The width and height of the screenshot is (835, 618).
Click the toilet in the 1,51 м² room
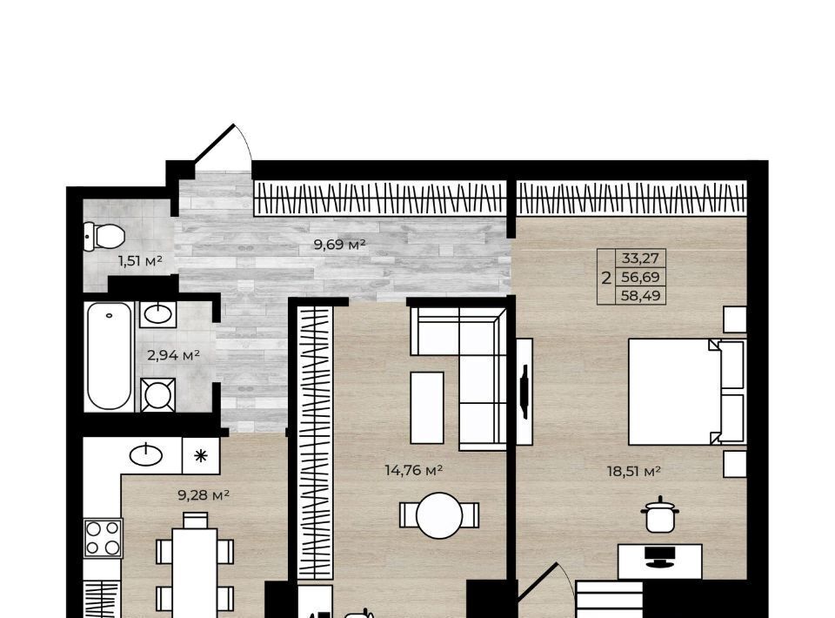pyautogui.click(x=104, y=236)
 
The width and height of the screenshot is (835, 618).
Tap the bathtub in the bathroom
pyautogui.click(x=110, y=356)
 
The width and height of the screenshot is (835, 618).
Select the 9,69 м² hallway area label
pyautogui.click(x=340, y=245)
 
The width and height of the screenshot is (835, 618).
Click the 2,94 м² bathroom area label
pyautogui.click(x=173, y=355)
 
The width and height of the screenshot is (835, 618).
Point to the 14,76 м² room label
pyautogui.click(x=414, y=470)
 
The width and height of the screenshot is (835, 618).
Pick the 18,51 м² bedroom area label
pyautogui.click(x=634, y=472)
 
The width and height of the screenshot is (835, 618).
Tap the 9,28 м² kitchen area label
pyautogui.click(x=204, y=495)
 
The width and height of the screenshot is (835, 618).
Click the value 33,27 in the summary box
pyautogui.click(x=641, y=259)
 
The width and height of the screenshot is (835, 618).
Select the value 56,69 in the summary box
pyautogui.click(x=641, y=277)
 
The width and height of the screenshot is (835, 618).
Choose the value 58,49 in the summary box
pyautogui.click(x=641, y=296)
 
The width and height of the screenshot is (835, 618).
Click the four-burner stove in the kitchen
pyautogui.click(x=103, y=538)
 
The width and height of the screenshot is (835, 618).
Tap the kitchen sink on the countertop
pyautogui.click(x=146, y=455)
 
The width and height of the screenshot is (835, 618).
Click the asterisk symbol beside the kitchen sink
pyautogui.click(x=200, y=455)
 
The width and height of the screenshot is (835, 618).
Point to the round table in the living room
pyautogui.click(x=439, y=515)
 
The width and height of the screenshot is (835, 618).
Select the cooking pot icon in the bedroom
pyautogui.click(x=660, y=514)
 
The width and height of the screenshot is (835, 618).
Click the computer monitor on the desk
pyautogui.click(x=660, y=556)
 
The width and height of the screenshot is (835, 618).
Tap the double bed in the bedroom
pyautogui.click(x=687, y=392)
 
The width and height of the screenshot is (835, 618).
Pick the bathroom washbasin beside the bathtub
pyautogui.click(x=158, y=314)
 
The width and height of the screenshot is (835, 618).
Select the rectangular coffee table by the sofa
pyautogui.click(x=427, y=407)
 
